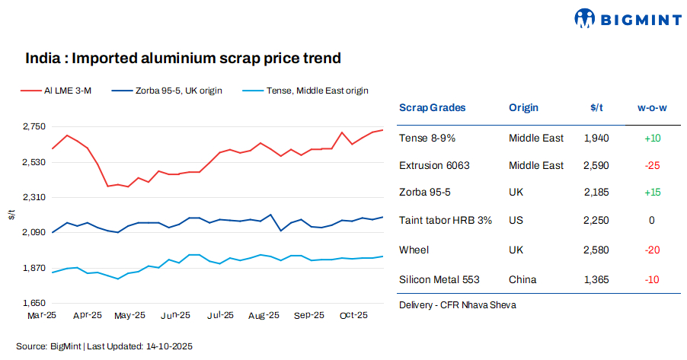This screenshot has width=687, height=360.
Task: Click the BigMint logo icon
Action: pyautogui.click(x=585, y=18)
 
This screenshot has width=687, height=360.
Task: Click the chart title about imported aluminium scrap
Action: pyautogui.click(x=183, y=58)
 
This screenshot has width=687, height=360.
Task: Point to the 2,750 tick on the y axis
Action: pyautogui.click(x=33, y=127)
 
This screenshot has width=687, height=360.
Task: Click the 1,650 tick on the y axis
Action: pyautogui.click(x=33, y=303)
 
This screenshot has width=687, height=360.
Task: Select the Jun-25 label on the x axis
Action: pyautogui.click(x=176, y=315)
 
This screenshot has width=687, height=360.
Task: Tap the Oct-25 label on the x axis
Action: pyautogui.click(x=353, y=315)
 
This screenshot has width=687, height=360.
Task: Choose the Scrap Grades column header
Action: pyautogui.click(x=432, y=108)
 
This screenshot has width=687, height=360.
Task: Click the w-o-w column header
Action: pyautogui.click(x=652, y=108)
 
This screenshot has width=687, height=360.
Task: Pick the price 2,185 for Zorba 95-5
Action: pyautogui.click(x=596, y=193)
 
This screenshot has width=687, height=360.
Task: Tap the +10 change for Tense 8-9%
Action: pyautogui.click(x=652, y=138)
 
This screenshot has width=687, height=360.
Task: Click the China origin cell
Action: pyautogui.click(x=522, y=280)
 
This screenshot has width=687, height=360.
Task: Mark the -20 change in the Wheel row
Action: pyautogui.click(x=652, y=250)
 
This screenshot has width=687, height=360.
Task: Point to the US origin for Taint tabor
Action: pyautogui.click(x=516, y=220)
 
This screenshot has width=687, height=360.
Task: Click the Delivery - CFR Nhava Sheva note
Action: pyautogui.click(x=457, y=305)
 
